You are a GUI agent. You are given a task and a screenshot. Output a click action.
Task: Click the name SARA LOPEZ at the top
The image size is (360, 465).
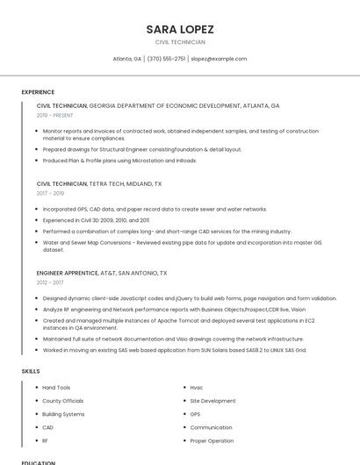pos(180,29)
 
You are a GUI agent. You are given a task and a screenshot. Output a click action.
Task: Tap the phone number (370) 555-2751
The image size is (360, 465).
pos(167,59)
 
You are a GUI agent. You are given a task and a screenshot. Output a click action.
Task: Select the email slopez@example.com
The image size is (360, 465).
pos(219,59)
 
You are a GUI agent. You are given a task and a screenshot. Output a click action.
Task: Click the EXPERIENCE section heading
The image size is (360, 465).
pos(38,91)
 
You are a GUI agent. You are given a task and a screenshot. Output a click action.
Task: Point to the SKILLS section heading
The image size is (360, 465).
pos(31,371)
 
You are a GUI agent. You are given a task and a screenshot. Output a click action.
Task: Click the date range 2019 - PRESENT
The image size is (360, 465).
pos(55,115)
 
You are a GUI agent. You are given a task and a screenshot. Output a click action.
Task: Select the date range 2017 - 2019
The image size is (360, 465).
pos(50,193)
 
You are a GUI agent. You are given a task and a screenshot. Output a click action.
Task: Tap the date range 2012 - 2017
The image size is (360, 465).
pos(50,283)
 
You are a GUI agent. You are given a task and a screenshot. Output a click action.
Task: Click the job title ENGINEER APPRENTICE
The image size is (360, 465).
pos(68,273)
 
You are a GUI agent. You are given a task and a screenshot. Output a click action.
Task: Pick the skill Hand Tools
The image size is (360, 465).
pos(56,387)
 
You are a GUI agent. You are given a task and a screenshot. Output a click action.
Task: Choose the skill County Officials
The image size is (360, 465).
pos(62,401)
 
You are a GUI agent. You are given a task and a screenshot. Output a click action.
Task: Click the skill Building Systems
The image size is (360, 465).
pos(63,414)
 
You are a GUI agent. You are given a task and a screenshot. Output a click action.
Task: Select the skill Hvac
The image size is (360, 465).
pos(197,387)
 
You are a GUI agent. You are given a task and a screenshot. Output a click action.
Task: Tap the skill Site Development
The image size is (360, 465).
pos(212,401)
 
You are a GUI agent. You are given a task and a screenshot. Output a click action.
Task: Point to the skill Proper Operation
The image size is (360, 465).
pos(212,440)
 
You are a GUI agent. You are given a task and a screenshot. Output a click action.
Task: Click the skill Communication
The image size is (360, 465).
pos(211,427)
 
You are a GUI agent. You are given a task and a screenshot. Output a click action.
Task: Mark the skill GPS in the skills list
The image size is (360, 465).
pos(195,414)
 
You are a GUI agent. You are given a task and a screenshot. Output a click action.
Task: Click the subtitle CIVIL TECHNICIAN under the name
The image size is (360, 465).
pos(180,42)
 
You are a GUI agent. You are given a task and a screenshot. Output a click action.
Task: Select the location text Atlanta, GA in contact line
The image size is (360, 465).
pos(127,59)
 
